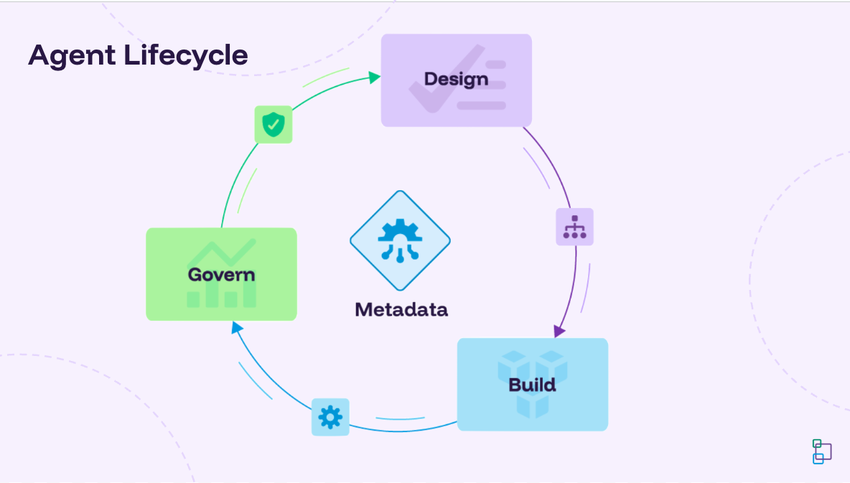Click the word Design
coord(456,79)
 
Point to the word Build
coord(532,385)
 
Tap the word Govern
coord(221,274)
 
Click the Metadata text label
coord(401,309)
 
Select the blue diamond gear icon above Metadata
coord(400,240)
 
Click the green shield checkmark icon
coord(273,124)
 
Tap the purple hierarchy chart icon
coord(574,227)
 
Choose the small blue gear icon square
coord(330,417)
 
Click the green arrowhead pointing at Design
coord(374,77)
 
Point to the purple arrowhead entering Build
coord(559,331)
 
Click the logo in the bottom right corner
coord(821,451)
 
